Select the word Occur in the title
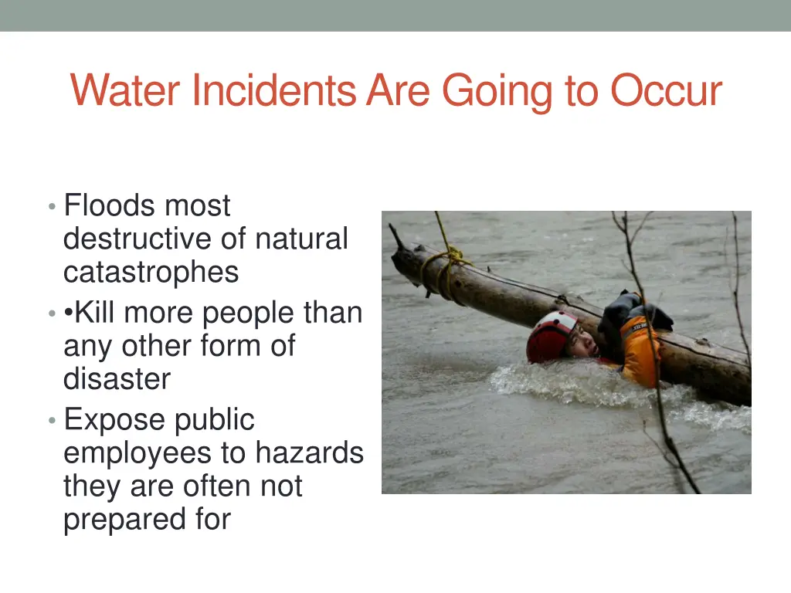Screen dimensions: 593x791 (666, 91)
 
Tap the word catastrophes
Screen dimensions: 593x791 (151, 273)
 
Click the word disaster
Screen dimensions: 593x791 (117, 379)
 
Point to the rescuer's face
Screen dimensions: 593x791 (582, 342)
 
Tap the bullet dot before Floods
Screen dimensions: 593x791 (51, 207)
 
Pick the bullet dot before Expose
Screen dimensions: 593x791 (51, 421)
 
